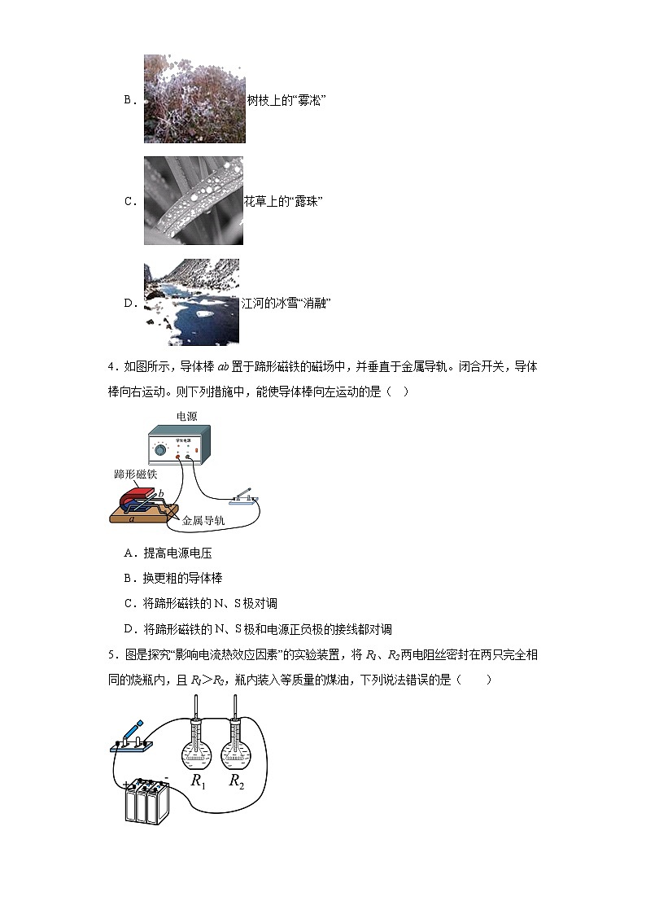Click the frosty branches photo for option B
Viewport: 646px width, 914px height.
194,98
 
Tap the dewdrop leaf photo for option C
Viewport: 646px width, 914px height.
194,200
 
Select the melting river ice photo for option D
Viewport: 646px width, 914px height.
192,302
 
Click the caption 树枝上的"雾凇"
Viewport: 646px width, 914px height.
286,100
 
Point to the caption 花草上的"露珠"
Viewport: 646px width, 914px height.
284,201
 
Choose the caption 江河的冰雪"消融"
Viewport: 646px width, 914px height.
286,304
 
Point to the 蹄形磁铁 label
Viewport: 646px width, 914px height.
135,473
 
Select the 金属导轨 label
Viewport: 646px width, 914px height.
203,521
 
